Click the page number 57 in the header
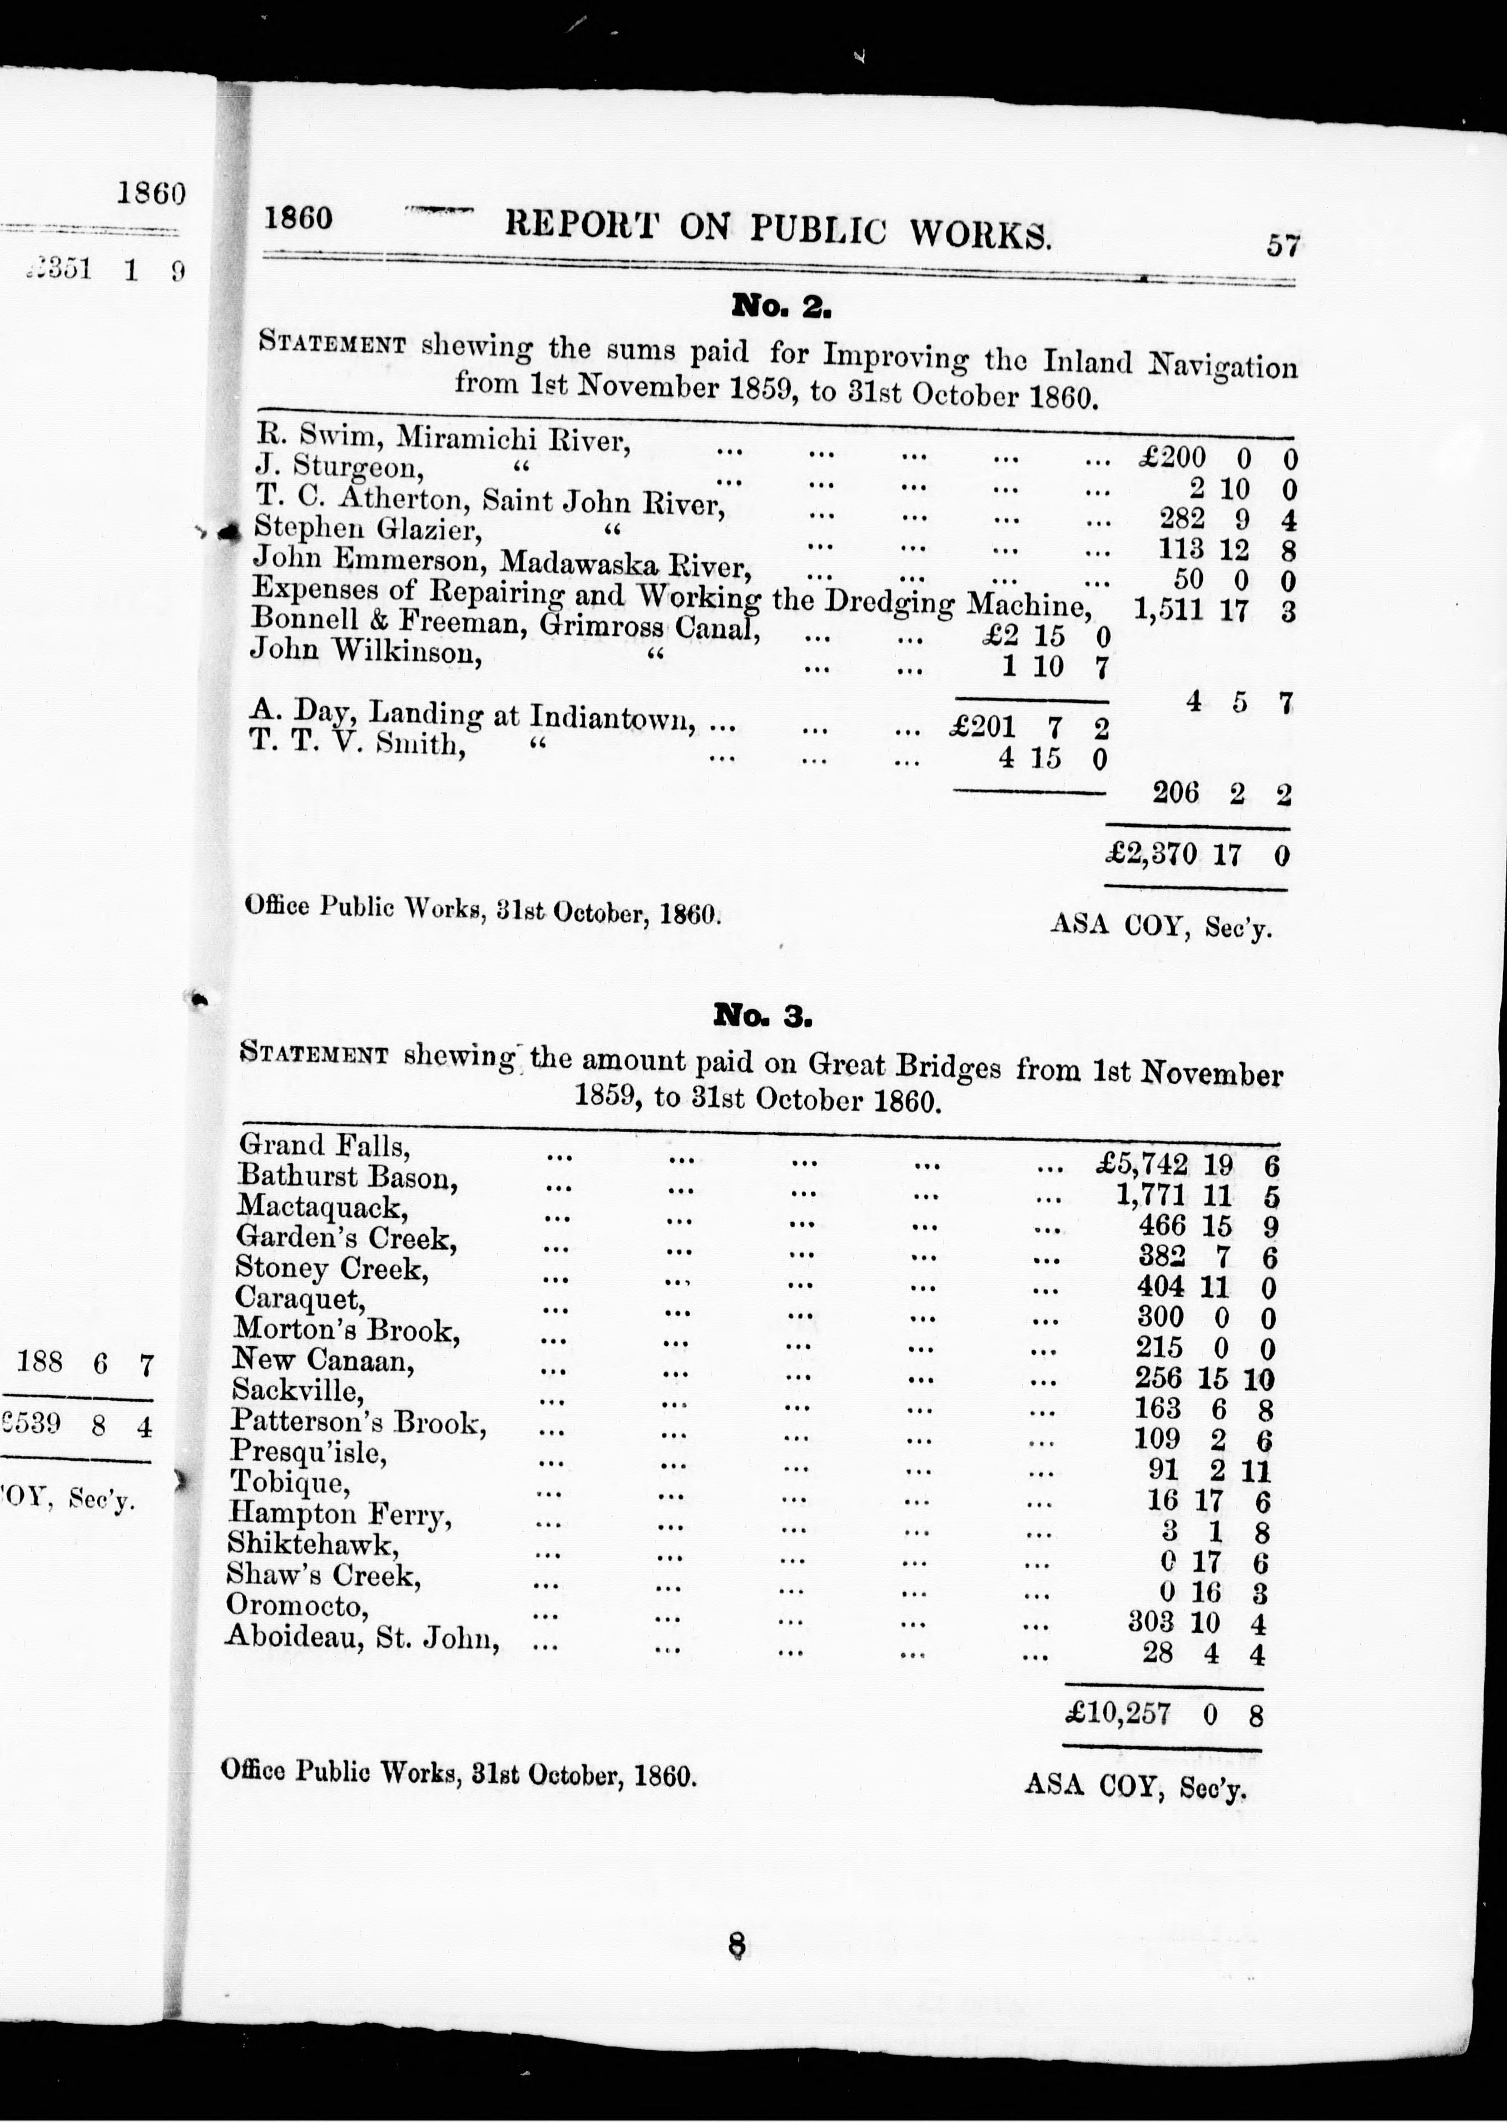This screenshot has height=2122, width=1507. pos(1282,246)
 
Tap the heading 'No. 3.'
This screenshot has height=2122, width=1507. pos(763,1016)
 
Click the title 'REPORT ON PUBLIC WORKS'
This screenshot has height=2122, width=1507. pos(777,228)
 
